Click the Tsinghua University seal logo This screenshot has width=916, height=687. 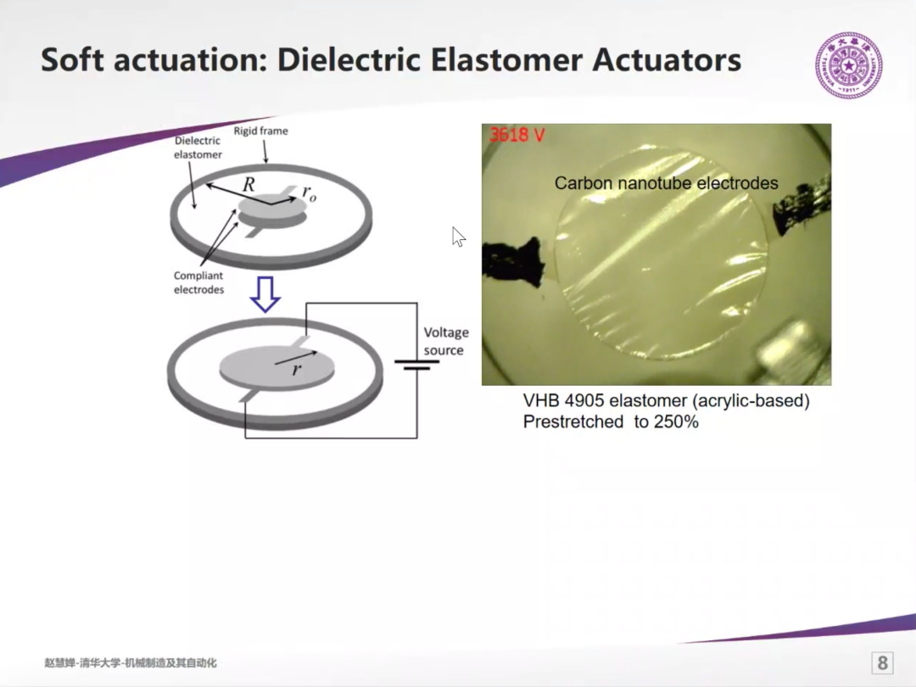(x=849, y=64)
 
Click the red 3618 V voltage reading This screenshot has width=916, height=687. (x=517, y=136)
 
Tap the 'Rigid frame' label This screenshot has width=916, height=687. (x=260, y=131)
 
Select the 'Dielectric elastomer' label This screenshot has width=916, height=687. (x=198, y=148)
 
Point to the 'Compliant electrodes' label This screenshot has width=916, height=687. (x=198, y=282)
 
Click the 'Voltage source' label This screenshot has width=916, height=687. (x=446, y=341)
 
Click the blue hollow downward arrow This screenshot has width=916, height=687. (x=265, y=294)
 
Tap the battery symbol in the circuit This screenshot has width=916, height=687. (x=416, y=365)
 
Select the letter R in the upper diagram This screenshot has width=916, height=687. (x=249, y=185)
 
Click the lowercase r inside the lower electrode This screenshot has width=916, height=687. (x=297, y=369)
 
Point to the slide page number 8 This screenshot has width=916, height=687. (x=882, y=663)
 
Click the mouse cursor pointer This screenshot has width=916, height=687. (x=459, y=237)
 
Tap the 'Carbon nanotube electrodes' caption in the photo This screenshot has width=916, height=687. (x=666, y=183)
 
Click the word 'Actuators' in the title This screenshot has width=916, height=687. (x=667, y=59)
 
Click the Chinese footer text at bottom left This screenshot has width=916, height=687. (x=131, y=663)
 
